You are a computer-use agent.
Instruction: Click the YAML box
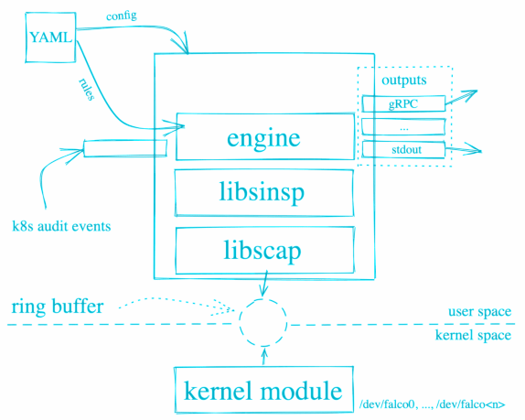click(x=50, y=38)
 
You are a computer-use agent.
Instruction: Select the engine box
click(x=265, y=136)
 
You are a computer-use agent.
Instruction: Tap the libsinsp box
click(x=264, y=192)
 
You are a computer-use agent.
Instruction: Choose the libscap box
click(x=265, y=250)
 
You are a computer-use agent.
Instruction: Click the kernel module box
click(x=263, y=390)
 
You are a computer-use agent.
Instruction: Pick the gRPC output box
click(x=403, y=103)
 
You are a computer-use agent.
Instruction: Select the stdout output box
click(x=403, y=149)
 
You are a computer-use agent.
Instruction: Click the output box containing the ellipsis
click(x=403, y=126)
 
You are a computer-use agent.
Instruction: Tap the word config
click(x=122, y=16)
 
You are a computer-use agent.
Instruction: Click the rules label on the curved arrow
click(x=86, y=89)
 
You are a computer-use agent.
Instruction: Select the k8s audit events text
click(x=61, y=226)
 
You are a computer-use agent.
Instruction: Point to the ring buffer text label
click(x=58, y=307)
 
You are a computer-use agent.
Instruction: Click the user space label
click(x=480, y=311)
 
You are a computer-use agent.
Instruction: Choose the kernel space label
click(x=473, y=335)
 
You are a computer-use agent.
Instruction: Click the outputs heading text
click(x=404, y=80)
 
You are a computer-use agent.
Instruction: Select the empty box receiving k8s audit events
click(x=125, y=148)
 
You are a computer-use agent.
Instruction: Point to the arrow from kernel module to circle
click(x=264, y=356)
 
